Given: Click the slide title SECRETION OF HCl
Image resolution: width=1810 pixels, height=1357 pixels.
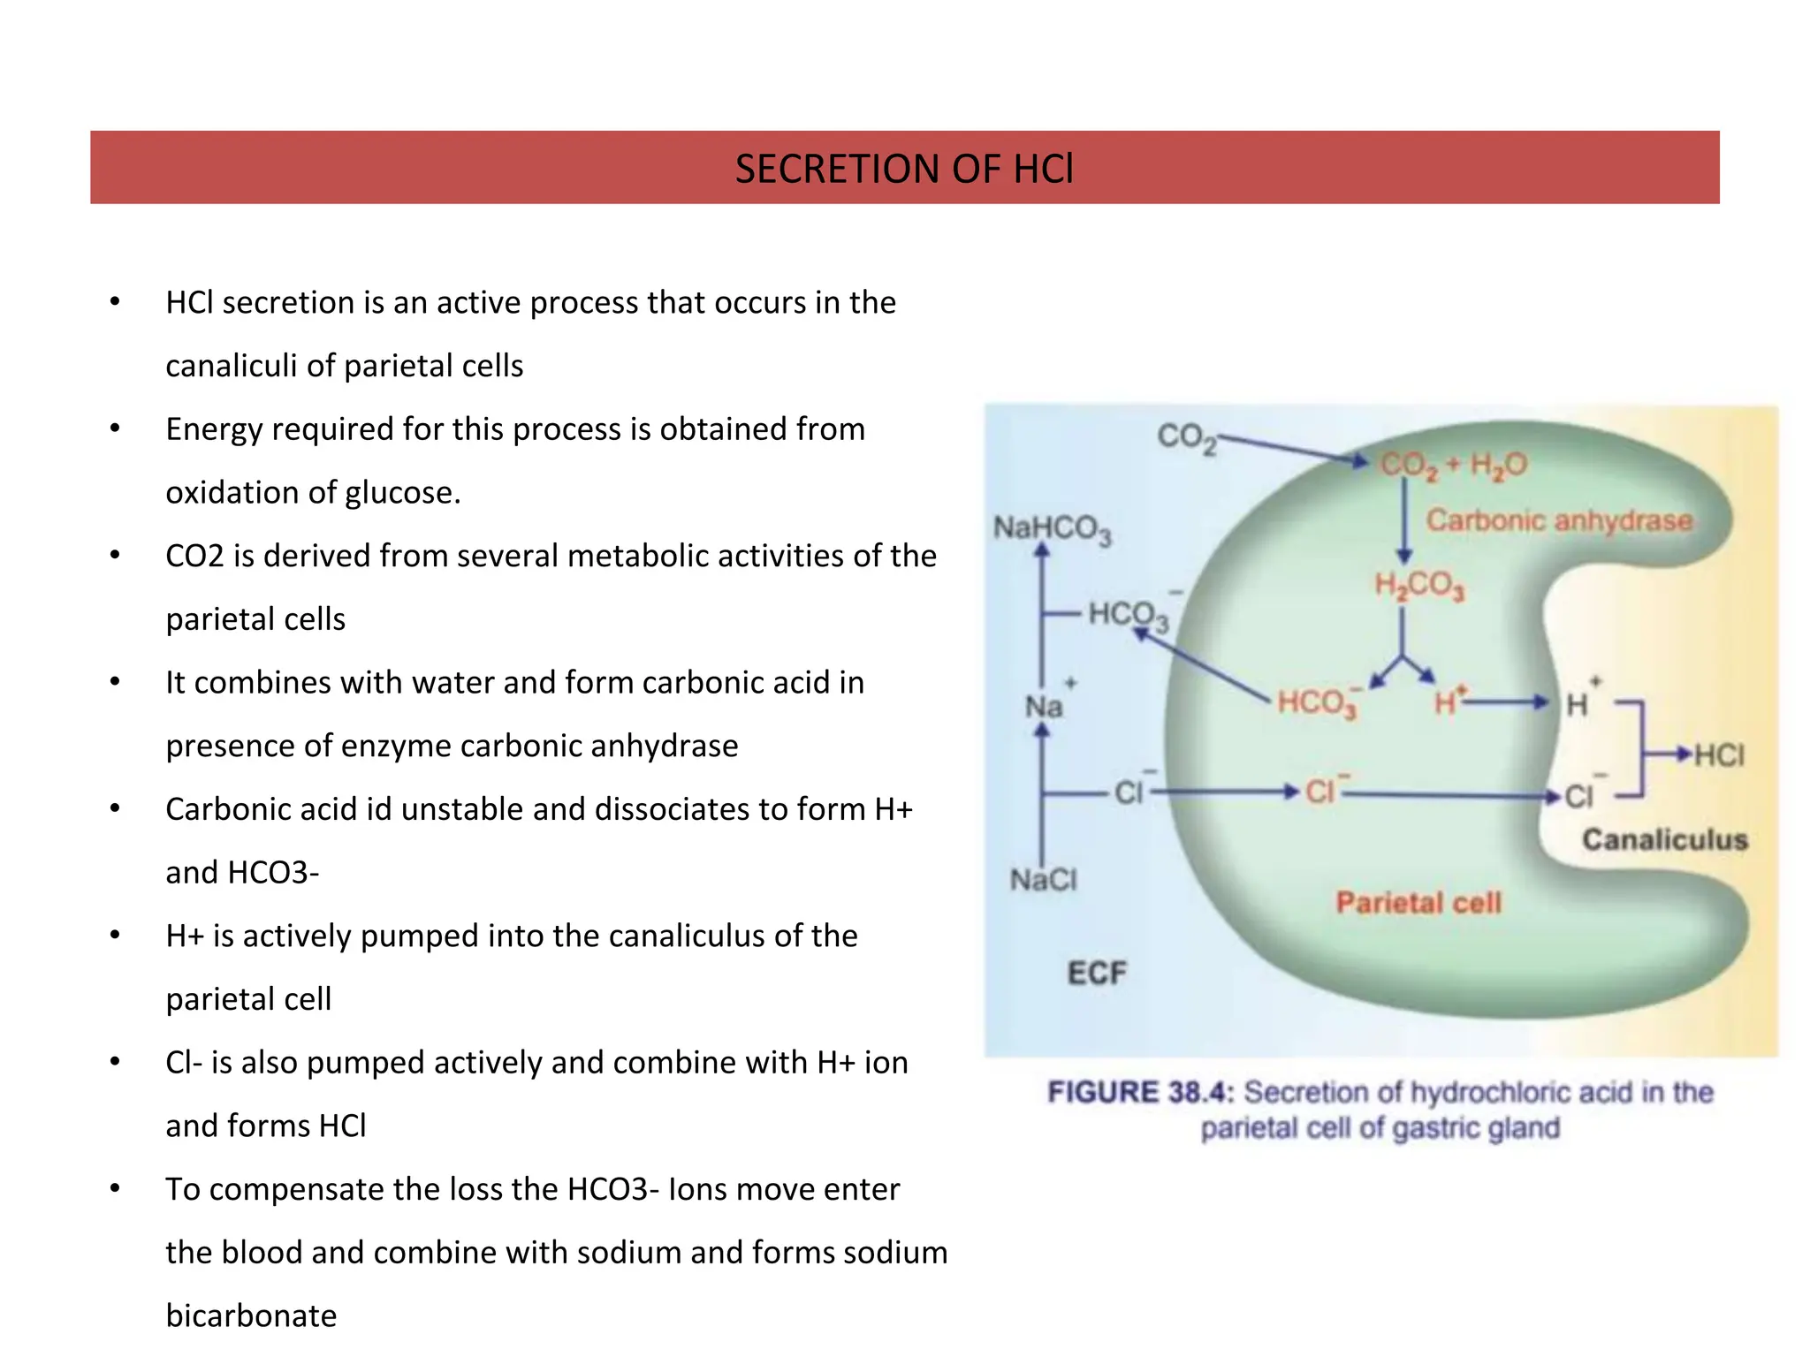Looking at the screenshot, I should pos(904,169).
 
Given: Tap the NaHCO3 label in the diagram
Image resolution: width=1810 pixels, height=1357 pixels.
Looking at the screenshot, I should pos(1052,529).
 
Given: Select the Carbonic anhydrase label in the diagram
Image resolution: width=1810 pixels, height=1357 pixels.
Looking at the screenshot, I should pos(1559,520).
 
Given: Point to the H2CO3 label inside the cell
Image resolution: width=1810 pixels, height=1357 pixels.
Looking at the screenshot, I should pos(1419,585).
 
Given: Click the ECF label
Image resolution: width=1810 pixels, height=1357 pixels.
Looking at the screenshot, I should pos(1097,973).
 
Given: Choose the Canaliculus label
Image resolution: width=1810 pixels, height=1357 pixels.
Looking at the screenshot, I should pos(1664,839).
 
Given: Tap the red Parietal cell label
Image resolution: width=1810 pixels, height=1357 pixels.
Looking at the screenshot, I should pos(1418,902).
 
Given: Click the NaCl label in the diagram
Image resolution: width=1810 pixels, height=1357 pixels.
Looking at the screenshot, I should pos(1044,880).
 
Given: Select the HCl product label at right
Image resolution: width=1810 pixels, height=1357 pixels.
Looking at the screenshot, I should pos(1719,755).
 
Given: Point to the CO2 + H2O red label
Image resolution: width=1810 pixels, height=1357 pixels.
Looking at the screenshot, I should pos(1454,465).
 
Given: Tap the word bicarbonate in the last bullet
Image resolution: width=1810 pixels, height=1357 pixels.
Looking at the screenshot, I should pos(251,1315).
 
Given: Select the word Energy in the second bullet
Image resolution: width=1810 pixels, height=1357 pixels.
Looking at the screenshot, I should pos(213,429).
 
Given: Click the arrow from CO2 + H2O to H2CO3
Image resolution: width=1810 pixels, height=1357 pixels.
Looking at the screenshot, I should pos(1403,521).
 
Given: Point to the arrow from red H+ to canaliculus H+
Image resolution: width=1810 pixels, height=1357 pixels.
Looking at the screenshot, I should pos(1507,703).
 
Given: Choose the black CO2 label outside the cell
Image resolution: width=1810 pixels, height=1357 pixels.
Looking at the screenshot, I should pos(1186,436).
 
